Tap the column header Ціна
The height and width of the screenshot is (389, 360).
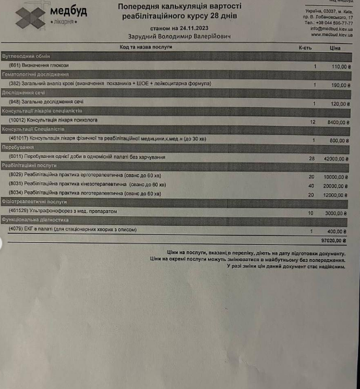335,48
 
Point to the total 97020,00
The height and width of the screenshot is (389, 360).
333,241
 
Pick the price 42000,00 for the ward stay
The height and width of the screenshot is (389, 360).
334,159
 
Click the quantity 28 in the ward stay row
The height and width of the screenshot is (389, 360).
312,159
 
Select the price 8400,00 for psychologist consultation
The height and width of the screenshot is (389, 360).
335,121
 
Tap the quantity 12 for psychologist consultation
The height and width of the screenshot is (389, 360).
312,121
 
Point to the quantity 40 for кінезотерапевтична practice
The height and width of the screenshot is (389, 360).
311,185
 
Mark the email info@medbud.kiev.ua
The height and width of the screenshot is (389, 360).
333,28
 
